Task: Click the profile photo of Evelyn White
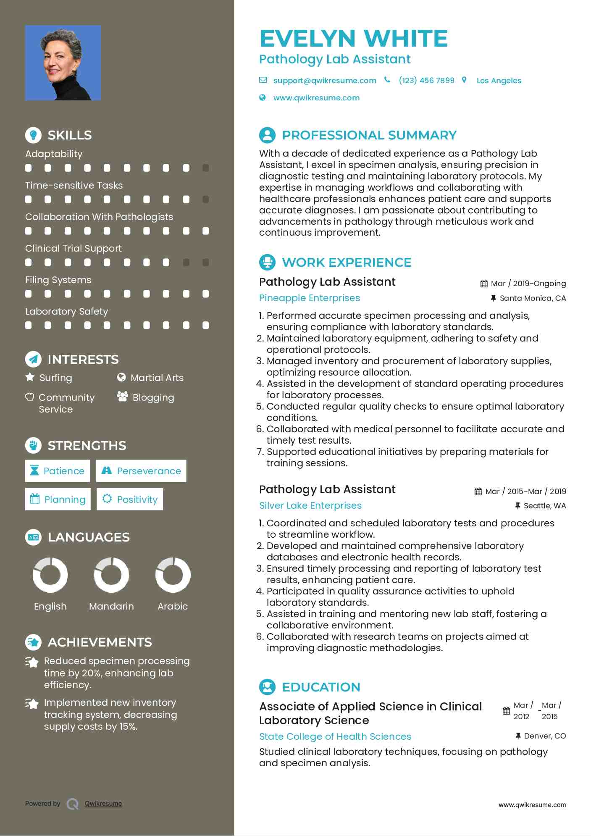pos(63,63)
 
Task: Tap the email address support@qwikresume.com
pos(324,81)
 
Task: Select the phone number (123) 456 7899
pos(426,81)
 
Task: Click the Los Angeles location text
pos(499,81)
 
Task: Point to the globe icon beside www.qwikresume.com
pos(263,98)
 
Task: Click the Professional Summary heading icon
pos(267,135)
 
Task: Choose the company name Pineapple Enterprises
pos(310,298)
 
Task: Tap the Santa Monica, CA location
pos(532,298)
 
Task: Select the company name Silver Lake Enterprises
pos(310,506)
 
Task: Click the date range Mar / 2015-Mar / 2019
pos(525,492)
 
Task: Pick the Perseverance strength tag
pos(141,471)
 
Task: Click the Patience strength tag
pos(58,471)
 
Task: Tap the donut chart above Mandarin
pos(111,575)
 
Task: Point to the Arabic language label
pos(173,606)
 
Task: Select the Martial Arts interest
pos(157,378)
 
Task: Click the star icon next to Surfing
pos(30,377)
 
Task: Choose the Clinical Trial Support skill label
pos(74,248)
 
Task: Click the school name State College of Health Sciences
pos(335,737)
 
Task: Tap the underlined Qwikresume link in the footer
pos(103,804)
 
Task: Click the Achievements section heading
pos(100,642)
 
